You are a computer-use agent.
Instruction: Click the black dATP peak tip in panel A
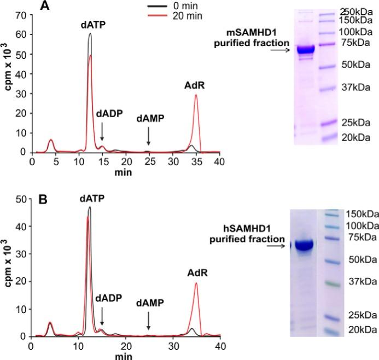tap(90, 34)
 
